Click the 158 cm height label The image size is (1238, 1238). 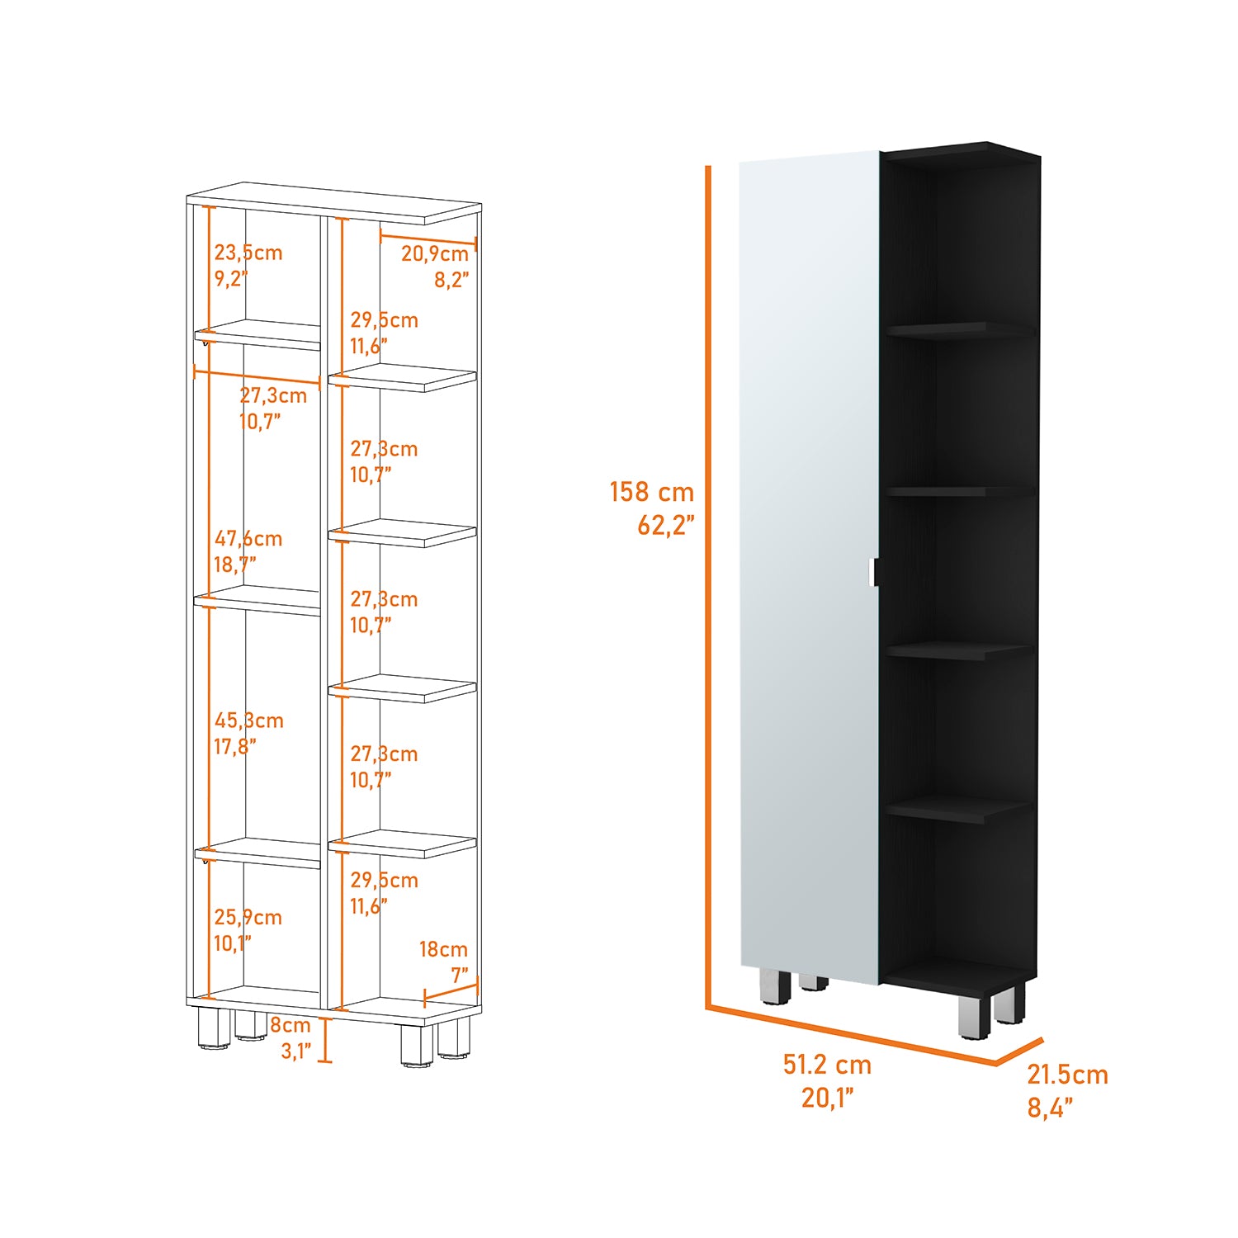click(652, 492)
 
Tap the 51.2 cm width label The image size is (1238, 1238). click(827, 1065)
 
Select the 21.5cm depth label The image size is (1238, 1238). click(1067, 1075)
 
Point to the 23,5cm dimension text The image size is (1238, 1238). click(248, 253)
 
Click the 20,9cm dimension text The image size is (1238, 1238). click(435, 253)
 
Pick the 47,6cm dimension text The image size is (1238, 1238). click(248, 539)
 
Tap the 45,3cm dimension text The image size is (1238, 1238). click(249, 721)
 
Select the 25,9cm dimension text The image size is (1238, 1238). click(248, 917)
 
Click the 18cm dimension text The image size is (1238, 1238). click(443, 949)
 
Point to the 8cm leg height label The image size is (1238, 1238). click(291, 1025)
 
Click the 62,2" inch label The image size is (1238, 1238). click(666, 525)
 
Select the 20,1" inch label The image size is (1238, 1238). click(827, 1098)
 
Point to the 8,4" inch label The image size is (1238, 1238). click(1050, 1108)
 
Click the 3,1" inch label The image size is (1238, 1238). click(295, 1051)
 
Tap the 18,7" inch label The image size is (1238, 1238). click(235, 565)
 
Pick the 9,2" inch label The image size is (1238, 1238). click(231, 279)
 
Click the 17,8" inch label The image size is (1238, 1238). click(235, 747)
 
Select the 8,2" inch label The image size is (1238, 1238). click(452, 280)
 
